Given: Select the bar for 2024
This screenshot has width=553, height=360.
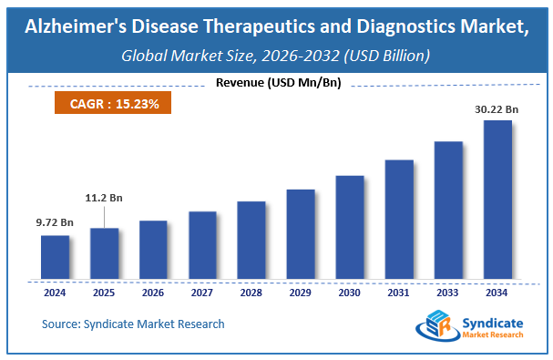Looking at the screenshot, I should pos(55,259).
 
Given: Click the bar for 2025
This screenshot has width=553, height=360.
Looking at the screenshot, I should pos(104,255).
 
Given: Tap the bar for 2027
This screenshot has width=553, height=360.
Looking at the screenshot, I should pos(202,247).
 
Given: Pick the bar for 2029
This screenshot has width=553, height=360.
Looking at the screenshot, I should pos(301,236).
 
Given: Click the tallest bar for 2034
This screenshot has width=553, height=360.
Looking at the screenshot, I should pos(497,201).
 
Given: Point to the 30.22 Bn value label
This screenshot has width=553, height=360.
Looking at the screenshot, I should pos(496,108).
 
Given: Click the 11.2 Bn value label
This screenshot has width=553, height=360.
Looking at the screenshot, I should pos(103,198).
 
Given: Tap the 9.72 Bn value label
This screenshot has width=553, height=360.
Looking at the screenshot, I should pos(54,221).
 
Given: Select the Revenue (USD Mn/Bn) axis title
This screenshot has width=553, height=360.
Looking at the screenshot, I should pos(275,84).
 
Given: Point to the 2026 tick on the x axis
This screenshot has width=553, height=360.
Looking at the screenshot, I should pos(153,293).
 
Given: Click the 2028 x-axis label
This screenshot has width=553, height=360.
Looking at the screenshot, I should pos(251,293).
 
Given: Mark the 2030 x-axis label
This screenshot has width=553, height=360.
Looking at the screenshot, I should pos(350,293).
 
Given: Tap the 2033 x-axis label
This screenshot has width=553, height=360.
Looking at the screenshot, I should pos(448,293).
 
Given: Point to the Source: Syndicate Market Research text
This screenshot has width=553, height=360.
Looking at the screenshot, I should pos(133,324).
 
